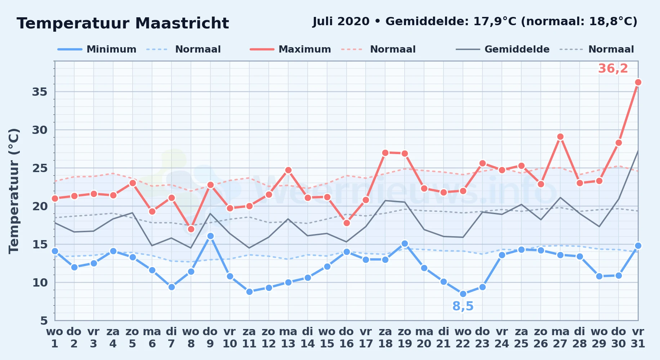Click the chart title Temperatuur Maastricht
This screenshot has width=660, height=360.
[x=123, y=23]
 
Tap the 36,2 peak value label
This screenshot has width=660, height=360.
[x=613, y=68]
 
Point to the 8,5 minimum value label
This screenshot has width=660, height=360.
[x=463, y=306]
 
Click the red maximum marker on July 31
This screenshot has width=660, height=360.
[x=638, y=82]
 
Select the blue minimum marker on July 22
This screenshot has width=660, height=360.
[x=463, y=294]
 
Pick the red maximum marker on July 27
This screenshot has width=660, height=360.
[x=560, y=137]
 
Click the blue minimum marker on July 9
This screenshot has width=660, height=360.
[x=210, y=236]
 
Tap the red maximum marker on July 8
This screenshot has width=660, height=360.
[x=191, y=229]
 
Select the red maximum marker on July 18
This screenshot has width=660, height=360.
[x=385, y=153]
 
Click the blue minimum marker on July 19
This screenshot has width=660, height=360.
[x=405, y=244]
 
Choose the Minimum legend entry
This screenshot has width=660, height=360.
[x=97, y=49]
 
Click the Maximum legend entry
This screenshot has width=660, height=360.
[x=290, y=49]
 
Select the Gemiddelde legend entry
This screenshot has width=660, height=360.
[x=503, y=49]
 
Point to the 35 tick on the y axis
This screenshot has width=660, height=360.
[x=40, y=92]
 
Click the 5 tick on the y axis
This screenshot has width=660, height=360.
[x=44, y=320]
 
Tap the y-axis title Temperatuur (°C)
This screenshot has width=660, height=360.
[x=14, y=191]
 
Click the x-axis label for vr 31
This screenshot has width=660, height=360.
[x=638, y=338]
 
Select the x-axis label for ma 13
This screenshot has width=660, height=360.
[x=288, y=338]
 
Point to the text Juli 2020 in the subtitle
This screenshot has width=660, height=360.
[x=341, y=22]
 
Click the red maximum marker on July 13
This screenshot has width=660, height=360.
[x=288, y=170]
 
